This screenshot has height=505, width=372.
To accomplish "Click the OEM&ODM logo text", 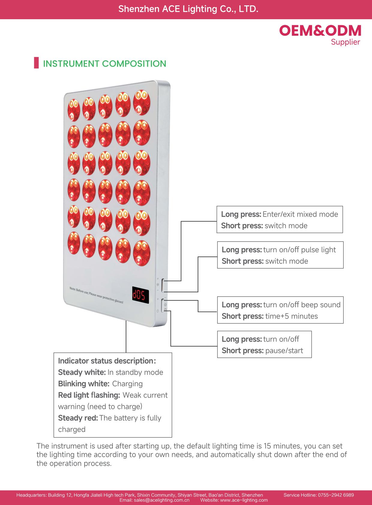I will pyautogui.click(x=320, y=31).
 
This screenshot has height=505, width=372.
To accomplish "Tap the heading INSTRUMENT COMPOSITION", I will pyautogui.click(x=104, y=64).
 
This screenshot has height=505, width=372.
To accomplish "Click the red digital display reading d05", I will pyautogui.click(x=140, y=294).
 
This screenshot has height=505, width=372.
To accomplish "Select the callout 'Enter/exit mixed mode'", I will pyautogui.click(x=300, y=214).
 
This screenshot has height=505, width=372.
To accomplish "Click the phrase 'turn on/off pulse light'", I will pyautogui.click(x=299, y=250).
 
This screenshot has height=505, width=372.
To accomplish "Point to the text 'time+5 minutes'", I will pyautogui.click(x=291, y=316).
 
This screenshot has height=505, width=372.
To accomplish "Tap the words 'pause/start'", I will pyautogui.click(x=284, y=350).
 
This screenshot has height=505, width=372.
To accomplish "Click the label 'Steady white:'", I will pyautogui.click(x=82, y=372).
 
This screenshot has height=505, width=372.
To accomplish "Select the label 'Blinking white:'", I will pyautogui.click(x=83, y=384).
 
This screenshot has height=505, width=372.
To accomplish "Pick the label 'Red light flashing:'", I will pyautogui.click(x=89, y=395).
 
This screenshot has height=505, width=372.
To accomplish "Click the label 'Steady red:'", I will pyautogui.click(x=78, y=418).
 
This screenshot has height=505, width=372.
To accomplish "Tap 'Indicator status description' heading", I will pyautogui.click(x=105, y=361).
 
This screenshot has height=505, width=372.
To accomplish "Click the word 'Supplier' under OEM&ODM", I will pyautogui.click(x=345, y=42).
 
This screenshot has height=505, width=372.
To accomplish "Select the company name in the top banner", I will pyautogui.click(x=188, y=9).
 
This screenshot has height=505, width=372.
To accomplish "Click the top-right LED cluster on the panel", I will pyautogui.click(x=142, y=103).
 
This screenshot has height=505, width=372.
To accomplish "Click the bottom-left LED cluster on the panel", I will pyautogui.click(x=73, y=243).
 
